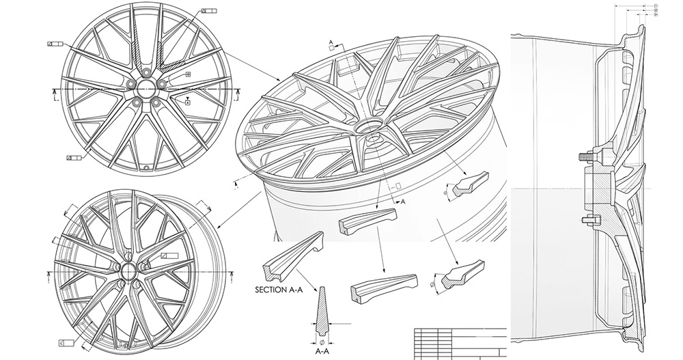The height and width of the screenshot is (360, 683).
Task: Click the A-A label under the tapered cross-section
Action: (x=322, y=350)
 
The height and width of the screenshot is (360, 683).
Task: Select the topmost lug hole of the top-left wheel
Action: (x=146, y=70)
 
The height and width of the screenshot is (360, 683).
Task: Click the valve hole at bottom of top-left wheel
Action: (x=145, y=165)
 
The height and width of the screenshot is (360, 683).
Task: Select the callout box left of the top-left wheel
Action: (x=55, y=44)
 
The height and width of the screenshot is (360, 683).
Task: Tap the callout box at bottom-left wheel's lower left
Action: (x=66, y=341)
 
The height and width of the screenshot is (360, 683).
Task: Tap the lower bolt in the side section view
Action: (x=586, y=220)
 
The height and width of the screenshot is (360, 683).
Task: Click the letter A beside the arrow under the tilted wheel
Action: (x=403, y=202)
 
